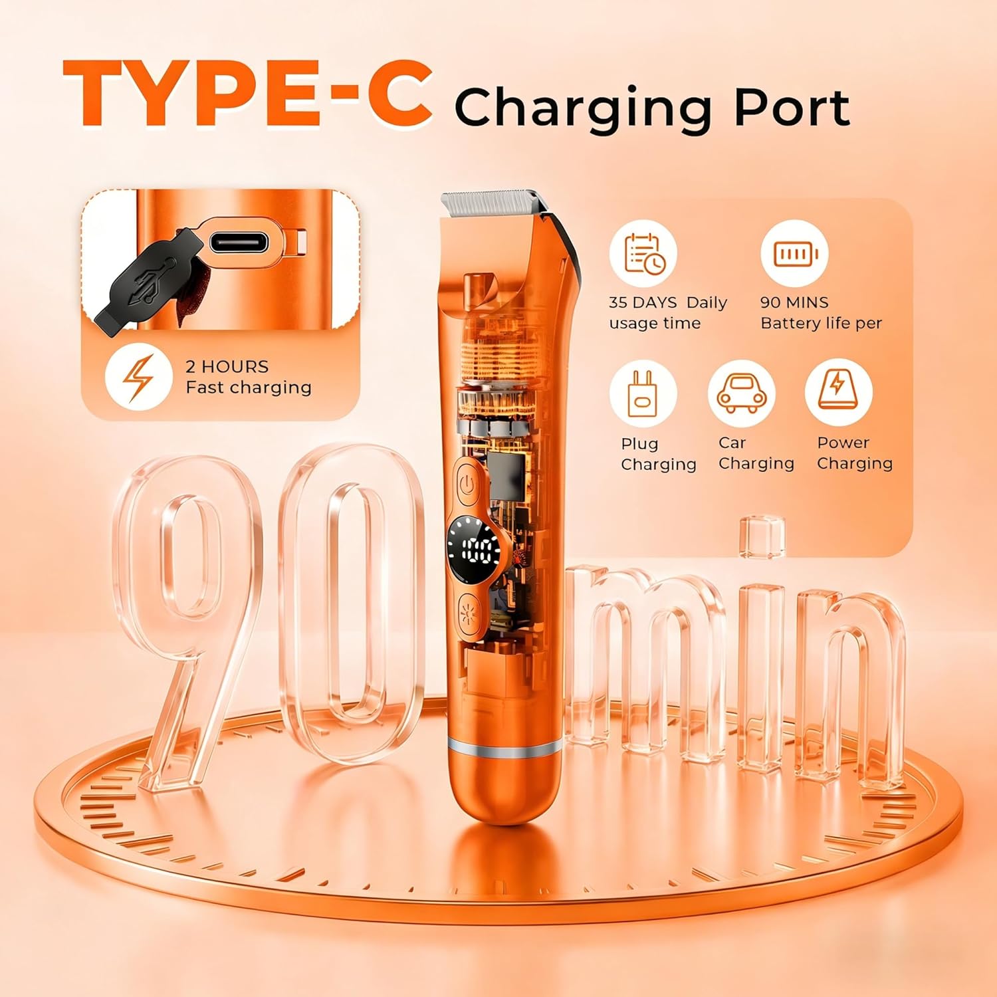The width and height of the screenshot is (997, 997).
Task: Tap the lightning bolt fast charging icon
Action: pos(138,377)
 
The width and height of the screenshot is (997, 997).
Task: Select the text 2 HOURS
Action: pos(227,366)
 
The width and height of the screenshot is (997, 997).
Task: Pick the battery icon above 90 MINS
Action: pos(794,254)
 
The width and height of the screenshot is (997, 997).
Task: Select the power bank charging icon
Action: pos(837,392)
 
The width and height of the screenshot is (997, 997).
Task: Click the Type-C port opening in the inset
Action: pos(239,242)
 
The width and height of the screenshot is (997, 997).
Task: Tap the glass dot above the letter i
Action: pos(762,536)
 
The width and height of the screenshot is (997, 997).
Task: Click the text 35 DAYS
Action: pos(642,302)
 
